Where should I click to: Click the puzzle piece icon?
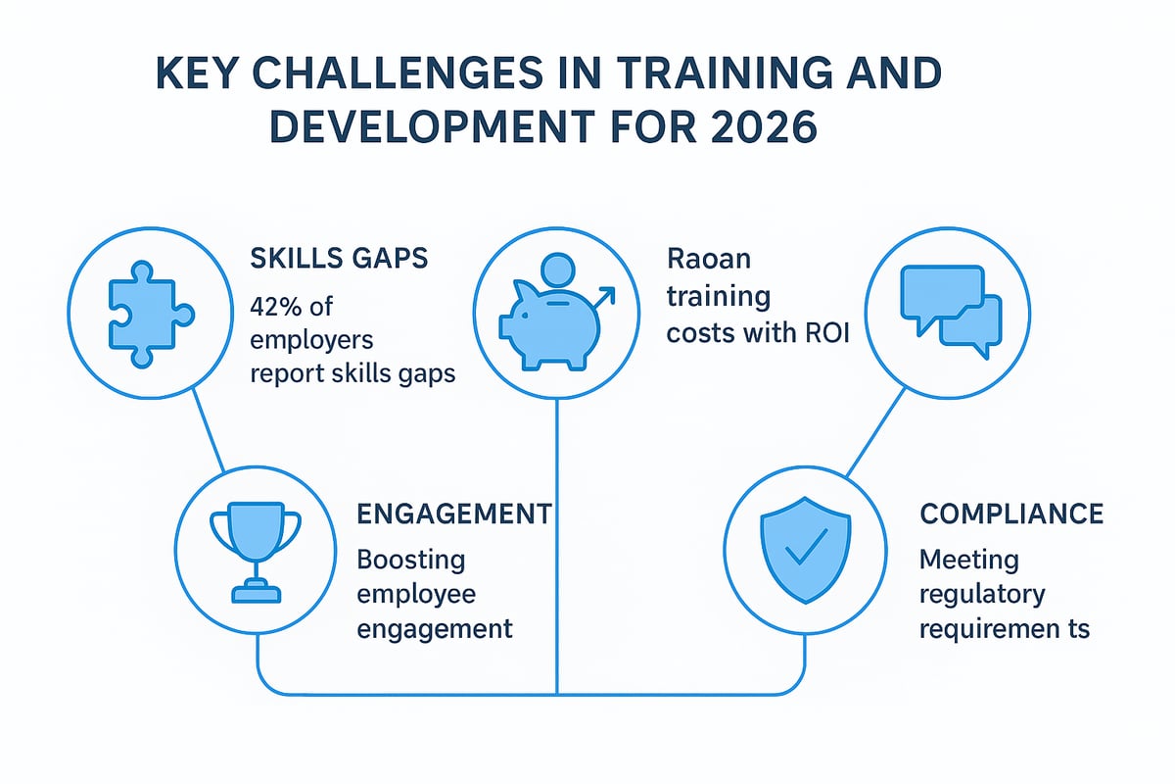coord(137,313)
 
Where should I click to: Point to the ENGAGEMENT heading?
coord(452,514)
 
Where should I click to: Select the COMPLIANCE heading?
coord(1011,514)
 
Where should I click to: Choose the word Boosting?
coord(410,561)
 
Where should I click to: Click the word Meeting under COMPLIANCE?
coord(968,561)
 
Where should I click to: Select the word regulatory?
coord(982,594)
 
